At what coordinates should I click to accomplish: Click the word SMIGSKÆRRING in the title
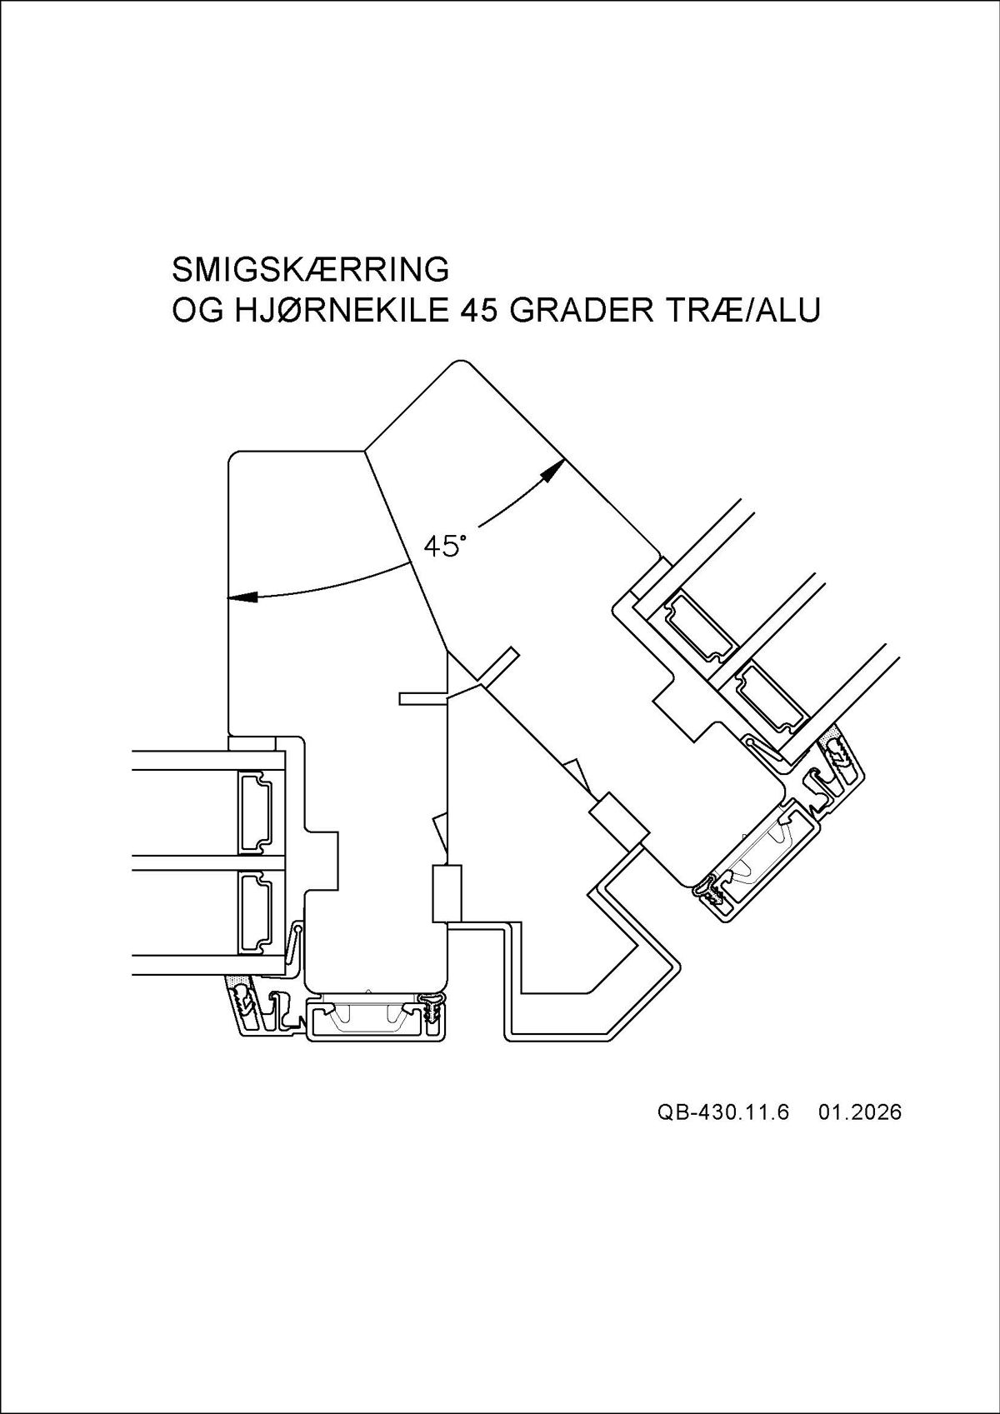[310, 269]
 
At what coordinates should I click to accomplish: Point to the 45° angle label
[444, 547]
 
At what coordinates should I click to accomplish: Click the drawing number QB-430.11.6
[722, 1112]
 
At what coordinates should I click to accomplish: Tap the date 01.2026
[860, 1112]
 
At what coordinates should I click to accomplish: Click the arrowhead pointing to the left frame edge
[242, 597]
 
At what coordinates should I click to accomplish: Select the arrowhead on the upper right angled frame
[552, 472]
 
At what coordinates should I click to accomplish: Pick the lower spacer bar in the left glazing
[258, 912]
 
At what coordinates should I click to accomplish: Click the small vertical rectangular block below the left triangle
[447, 893]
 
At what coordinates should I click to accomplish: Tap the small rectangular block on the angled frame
[618, 818]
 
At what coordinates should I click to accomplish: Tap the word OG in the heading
[197, 311]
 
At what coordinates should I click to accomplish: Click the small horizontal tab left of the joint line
[423, 698]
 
